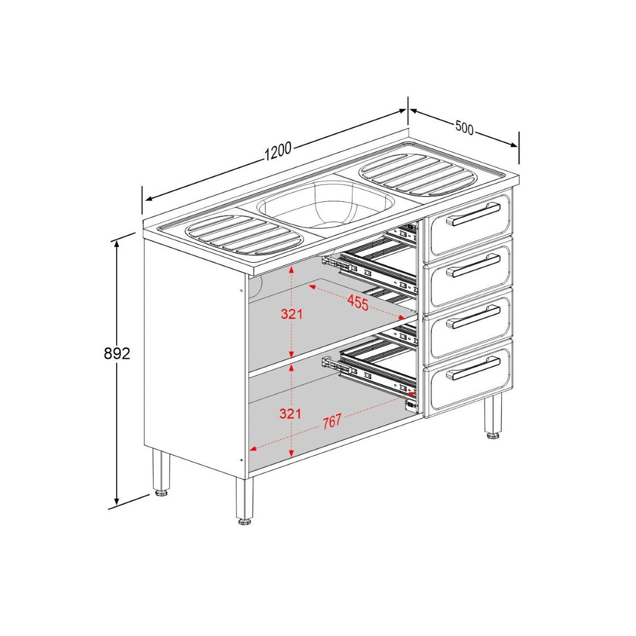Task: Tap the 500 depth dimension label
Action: point(464,128)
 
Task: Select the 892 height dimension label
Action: point(117,354)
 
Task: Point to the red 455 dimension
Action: point(358,303)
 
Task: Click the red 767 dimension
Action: point(332,422)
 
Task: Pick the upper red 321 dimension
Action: point(291,314)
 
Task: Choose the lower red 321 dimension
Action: point(290,413)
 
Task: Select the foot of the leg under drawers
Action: point(493,436)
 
